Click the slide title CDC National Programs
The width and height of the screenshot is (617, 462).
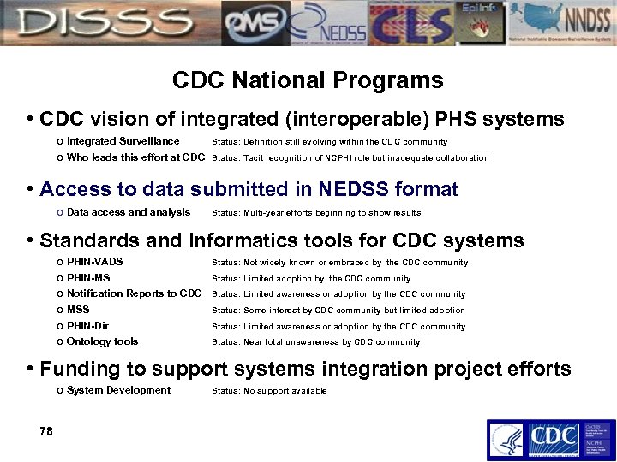coord(308,80)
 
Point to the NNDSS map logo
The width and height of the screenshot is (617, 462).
coord(565,22)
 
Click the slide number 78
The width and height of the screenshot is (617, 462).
coord(46,431)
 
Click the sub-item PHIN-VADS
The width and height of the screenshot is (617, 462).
coord(94,262)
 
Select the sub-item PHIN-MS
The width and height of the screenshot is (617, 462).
coord(88,278)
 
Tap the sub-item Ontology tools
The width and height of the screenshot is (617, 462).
coord(102,341)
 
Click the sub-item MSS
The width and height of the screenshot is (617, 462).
coord(78,310)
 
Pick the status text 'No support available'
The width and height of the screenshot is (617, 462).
coord(268,391)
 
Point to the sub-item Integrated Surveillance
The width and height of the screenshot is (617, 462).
coord(123,141)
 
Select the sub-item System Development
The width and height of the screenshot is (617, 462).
coord(118,390)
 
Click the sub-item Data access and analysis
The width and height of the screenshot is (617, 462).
coord(128,212)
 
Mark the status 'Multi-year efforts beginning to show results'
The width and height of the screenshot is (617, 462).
coord(315,213)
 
